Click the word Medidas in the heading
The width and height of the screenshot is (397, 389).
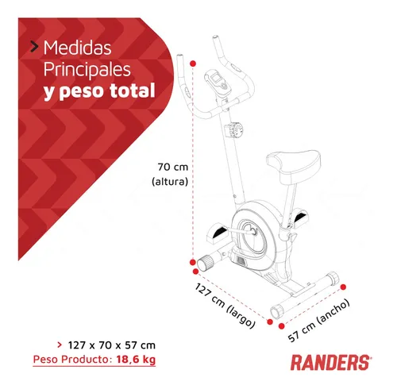point(77,48)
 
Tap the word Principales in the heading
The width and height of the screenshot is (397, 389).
point(87,70)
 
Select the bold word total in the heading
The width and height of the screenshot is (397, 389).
point(133,91)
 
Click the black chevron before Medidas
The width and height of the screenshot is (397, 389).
point(34,47)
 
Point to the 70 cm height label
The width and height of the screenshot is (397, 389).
point(173,167)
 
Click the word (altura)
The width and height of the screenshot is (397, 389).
point(170,181)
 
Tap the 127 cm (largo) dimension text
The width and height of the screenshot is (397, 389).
point(225,306)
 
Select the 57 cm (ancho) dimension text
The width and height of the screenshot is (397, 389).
point(318,321)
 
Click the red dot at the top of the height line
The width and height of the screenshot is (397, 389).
point(193,64)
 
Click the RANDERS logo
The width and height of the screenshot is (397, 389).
point(331,363)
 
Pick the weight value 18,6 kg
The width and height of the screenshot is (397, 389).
point(136,360)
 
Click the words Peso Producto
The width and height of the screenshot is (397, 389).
point(71,360)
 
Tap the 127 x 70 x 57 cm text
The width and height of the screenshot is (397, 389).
point(112,345)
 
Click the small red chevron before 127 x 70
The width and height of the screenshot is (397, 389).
point(60,345)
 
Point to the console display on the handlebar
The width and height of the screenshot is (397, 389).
point(217,83)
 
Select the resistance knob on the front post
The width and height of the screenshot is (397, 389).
point(234,129)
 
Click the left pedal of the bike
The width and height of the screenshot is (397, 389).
point(217,233)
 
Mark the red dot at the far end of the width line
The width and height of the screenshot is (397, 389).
point(343,287)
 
